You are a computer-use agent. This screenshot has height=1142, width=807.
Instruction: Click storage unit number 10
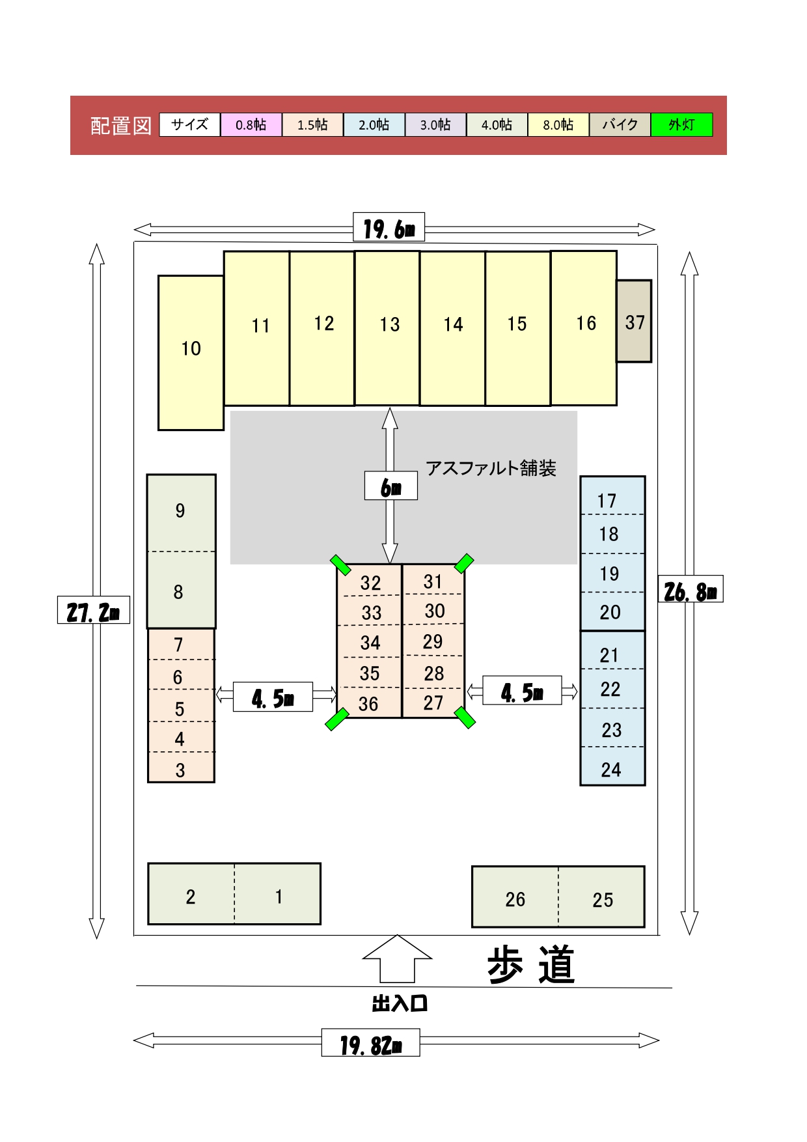[191, 352]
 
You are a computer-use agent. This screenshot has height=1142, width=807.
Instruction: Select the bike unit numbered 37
[634, 321]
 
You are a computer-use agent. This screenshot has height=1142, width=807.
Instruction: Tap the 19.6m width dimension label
[389, 227]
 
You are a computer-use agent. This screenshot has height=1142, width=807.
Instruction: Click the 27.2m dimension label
[94, 610]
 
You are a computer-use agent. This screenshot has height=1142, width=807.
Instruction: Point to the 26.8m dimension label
[691, 589]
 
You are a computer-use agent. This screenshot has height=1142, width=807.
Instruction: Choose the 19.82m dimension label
[370, 1042]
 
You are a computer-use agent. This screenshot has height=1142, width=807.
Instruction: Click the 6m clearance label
[391, 486]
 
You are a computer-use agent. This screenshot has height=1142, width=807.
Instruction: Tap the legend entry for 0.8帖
[251, 124]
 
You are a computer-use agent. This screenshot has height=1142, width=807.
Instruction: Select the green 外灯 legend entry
[681, 124]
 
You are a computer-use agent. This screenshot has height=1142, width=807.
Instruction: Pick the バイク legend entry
[620, 124]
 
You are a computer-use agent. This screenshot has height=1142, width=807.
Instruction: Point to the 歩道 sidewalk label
[531, 964]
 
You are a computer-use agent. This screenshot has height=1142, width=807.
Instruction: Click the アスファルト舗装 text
[491, 468]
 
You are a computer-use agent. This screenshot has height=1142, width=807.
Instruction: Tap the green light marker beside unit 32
[340, 565]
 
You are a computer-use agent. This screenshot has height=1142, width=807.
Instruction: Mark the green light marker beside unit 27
[465, 717]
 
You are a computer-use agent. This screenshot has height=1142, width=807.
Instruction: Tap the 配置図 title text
[121, 125]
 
